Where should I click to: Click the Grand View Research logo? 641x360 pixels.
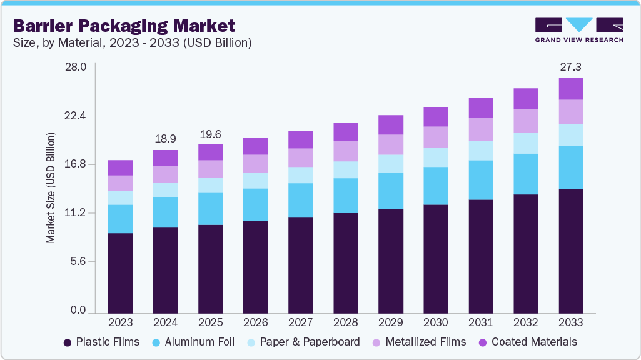click(578, 30)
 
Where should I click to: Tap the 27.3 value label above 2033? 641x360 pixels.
click(570, 66)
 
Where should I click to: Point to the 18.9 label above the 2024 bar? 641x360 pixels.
click(165, 138)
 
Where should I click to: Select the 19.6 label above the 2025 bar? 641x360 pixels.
click(210, 133)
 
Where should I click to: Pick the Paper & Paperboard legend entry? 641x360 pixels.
click(303, 342)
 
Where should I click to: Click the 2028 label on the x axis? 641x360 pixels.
click(345, 322)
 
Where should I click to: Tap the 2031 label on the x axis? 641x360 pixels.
click(480, 322)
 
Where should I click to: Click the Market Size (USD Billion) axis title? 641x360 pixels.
click(51, 187)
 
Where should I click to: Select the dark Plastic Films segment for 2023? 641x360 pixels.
click(120, 272)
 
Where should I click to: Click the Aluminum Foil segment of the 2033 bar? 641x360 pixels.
click(570, 167)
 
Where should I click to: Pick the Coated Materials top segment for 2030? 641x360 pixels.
click(435, 117)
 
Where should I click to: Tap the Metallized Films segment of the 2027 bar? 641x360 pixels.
click(300, 157)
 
